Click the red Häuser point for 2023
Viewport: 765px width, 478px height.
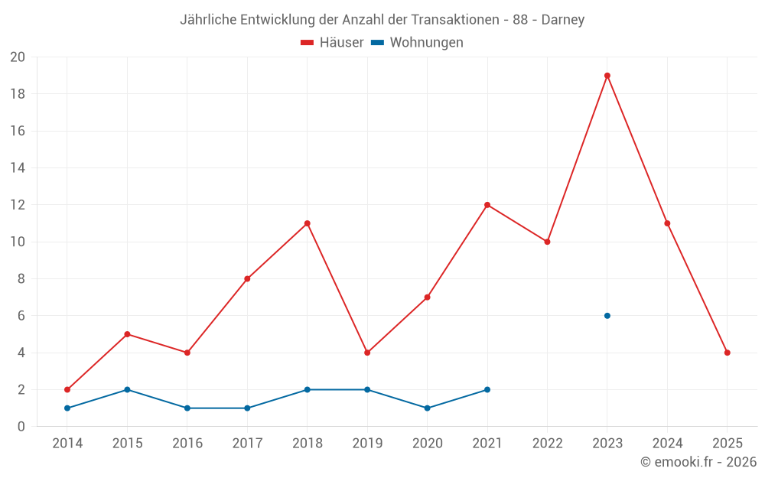[x=607, y=76]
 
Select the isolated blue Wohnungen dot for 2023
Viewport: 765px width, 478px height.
[x=607, y=316]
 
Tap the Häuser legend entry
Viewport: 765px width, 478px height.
[x=333, y=43]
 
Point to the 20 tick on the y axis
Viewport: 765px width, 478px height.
[x=18, y=57]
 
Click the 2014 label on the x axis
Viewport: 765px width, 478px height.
[x=67, y=444]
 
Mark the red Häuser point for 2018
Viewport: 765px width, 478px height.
[x=307, y=223]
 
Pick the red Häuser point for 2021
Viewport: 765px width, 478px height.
[x=487, y=205]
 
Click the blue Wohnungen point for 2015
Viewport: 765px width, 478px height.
[x=127, y=390]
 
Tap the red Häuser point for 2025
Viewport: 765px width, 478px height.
[x=728, y=353]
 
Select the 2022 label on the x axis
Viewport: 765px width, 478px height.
[x=547, y=444]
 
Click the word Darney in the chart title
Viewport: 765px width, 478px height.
[x=563, y=20]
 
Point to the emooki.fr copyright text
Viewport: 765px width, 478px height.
[x=698, y=462]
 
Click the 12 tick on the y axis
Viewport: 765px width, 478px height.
[x=18, y=205]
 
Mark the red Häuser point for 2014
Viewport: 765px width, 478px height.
[x=67, y=390]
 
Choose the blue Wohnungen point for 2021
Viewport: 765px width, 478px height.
[x=487, y=390]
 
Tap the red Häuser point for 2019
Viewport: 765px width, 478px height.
[x=367, y=353]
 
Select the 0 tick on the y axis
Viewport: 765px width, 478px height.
[x=21, y=427]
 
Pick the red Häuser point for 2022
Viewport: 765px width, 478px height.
[x=547, y=242]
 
